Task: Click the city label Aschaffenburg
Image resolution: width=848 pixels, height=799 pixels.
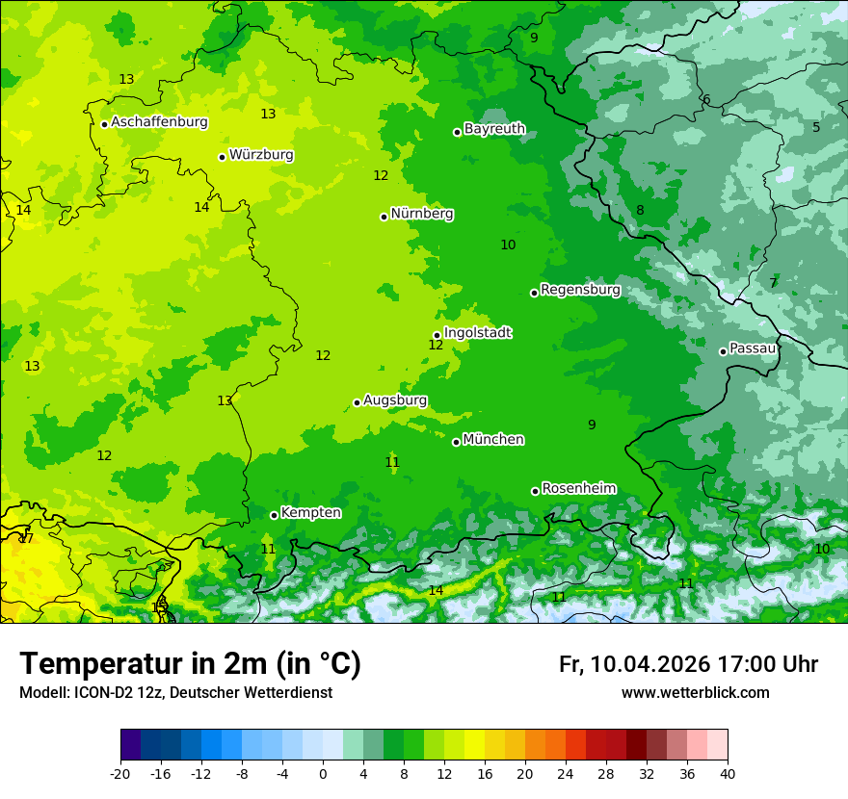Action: point(159,122)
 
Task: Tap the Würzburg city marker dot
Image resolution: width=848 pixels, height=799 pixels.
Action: point(222,157)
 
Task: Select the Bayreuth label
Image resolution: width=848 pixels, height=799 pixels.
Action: point(494,128)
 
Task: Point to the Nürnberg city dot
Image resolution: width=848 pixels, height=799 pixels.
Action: point(384,217)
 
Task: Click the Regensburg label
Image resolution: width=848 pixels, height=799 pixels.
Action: point(580,289)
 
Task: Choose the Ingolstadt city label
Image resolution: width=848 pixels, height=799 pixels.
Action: point(477,332)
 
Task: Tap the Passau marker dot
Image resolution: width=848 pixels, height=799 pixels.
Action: point(723,351)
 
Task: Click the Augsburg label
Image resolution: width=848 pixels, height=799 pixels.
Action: point(395,399)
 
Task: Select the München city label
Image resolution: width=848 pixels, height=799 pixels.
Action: point(493,439)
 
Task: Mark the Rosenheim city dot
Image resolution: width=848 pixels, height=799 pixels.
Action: point(535,491)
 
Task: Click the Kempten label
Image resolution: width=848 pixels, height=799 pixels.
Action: point(310,512)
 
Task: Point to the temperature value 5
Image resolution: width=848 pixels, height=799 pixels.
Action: point(815,127)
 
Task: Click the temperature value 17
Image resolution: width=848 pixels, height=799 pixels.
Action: point(26,538)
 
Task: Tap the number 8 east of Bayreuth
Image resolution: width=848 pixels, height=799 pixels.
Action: point(640,210)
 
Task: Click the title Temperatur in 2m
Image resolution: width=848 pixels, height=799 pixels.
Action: point(190,663)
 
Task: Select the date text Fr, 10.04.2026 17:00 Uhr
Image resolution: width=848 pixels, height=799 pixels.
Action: point(688,664)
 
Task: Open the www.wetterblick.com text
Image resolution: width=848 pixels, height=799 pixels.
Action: point(695,692)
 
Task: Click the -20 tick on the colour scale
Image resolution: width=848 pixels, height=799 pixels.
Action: point(120,773)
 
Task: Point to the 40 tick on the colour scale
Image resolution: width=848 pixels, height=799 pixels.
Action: point(727,773)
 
